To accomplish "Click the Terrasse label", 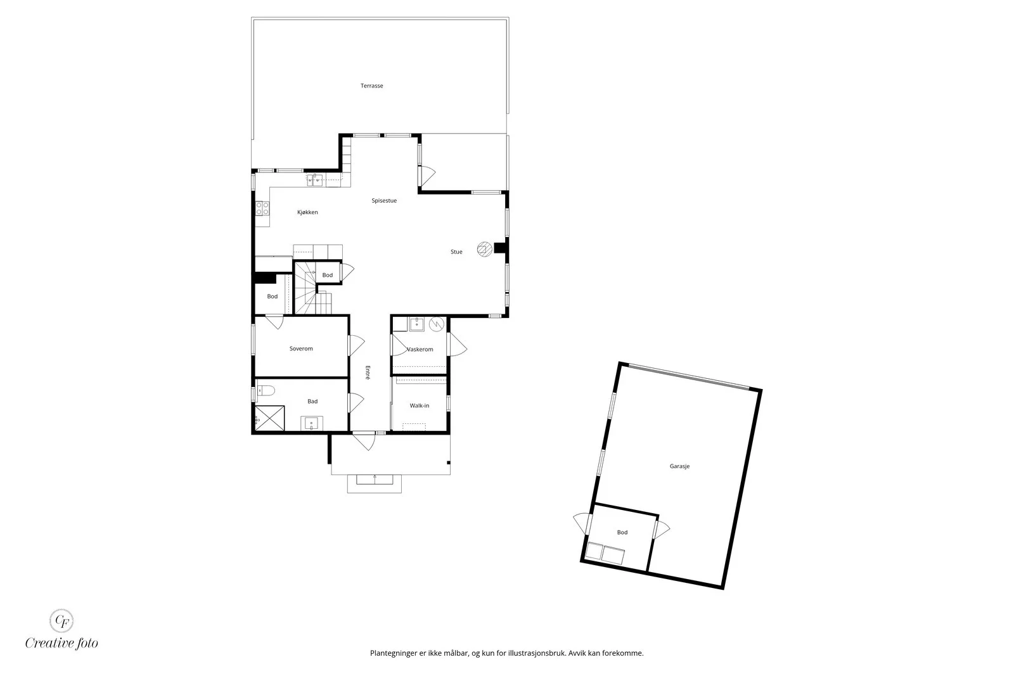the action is click(x=371, y=86).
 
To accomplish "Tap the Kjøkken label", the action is click(x=307, y=212).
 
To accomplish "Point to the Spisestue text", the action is click(x=384, y=200).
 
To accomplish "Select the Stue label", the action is click(x=456, y=252).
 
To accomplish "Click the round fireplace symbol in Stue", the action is click(x=484, y=250).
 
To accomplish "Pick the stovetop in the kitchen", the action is click(x=262, y=208).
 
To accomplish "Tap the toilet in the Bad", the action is click(x=266, y=390).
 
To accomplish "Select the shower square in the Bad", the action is click(x=270, y=418).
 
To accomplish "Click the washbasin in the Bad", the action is click(x=311, y=423).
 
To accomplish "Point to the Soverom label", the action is click(x=301, y=348).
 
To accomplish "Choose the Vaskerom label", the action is click(x=420, y=349).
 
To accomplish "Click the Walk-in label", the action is click(x=419, y=405).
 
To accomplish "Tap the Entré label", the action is click(x=368, y=373).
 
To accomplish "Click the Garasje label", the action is click(x=679, y=466).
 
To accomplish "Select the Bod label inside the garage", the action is click(x=622, y=532).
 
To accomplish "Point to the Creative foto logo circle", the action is click(x=61, y=620).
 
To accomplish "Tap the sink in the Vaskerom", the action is click(x=416, y=324).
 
